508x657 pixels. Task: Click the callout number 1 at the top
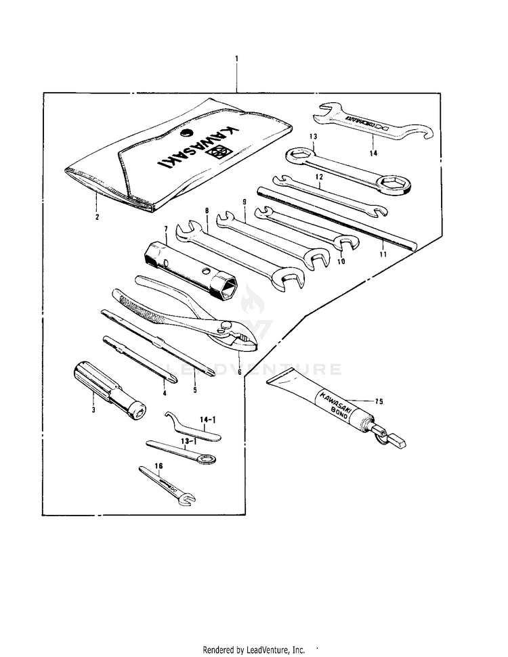(x=236, y=60)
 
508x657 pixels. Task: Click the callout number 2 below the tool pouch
(x=97, y=217)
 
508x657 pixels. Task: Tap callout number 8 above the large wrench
(x=205, y=210)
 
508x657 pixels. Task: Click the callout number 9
(x=244, y=201)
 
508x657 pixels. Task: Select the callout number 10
(x=341, y=260)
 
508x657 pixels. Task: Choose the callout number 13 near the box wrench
(x=313, y=136)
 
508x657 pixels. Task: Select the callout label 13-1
(x=188, y=440)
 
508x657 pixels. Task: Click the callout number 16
(x=158, y=466)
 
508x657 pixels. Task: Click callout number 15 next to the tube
(x=379, y=401)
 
